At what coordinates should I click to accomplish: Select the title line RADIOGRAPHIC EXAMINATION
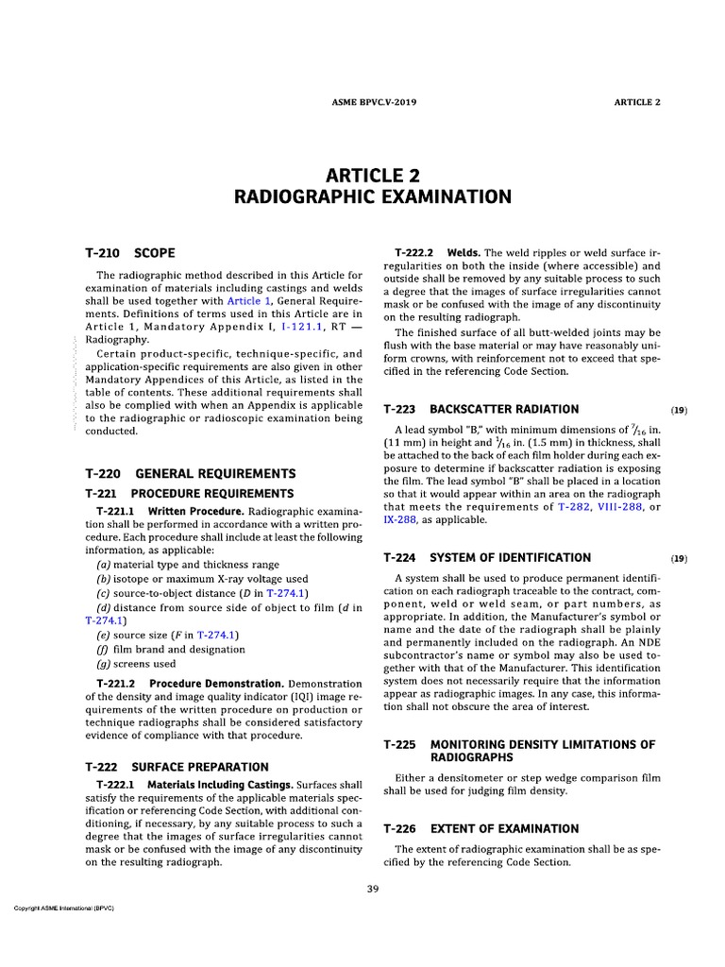(373, 196)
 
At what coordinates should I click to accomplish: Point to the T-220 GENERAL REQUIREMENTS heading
(190, 473)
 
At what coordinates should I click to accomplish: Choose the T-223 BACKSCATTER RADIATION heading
(481, 409)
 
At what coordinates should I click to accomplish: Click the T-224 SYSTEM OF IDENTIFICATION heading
(487, 557)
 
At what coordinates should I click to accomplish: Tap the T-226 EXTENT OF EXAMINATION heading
(481, 828)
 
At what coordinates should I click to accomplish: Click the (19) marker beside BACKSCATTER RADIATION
(678, 410)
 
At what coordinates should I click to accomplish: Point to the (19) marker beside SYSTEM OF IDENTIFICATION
(678, 558)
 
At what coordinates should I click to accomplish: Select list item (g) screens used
(136, 663)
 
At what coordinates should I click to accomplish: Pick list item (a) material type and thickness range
(177, 564)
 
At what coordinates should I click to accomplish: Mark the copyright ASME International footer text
(59, 908)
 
